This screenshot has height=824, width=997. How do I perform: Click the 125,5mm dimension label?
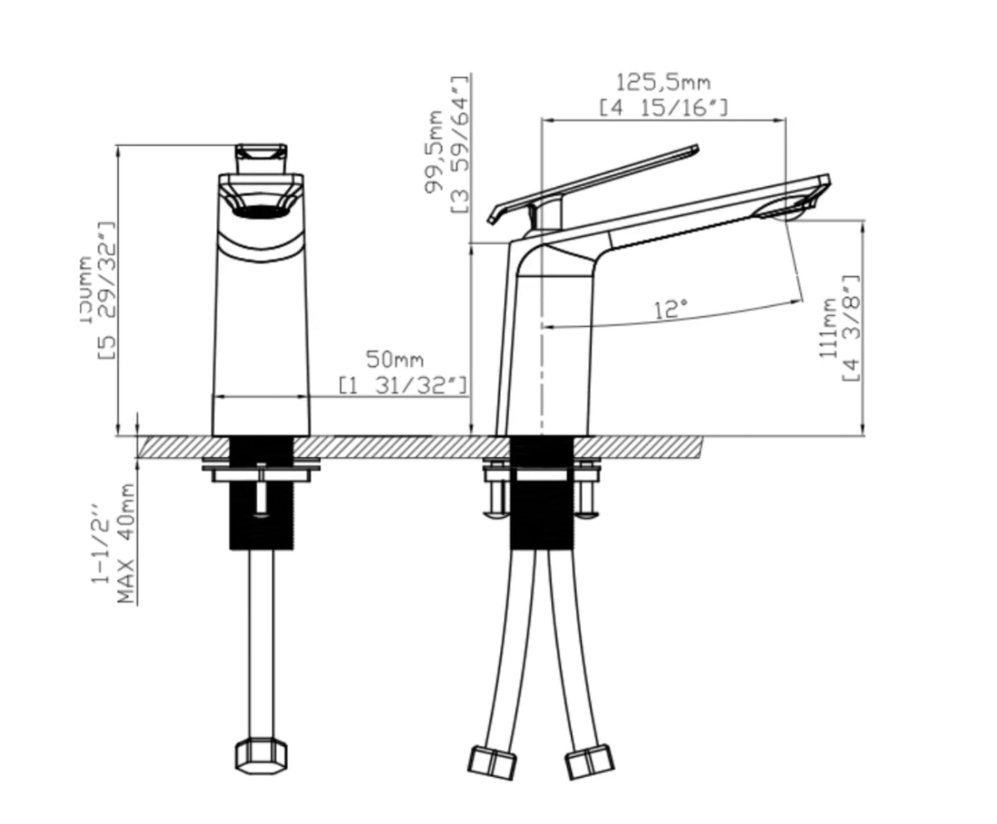(664, 83)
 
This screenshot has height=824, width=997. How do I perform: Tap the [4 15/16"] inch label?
(664, 108)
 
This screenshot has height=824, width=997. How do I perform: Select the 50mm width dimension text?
(395, 360)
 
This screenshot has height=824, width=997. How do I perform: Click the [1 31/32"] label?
(403, 386)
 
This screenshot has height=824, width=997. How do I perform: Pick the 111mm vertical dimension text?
(827, 329)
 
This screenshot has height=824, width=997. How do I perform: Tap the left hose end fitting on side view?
(493, 762)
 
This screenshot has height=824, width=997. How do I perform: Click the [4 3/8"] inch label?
(851, 329)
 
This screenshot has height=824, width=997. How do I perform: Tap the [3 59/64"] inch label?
(460, 144)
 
